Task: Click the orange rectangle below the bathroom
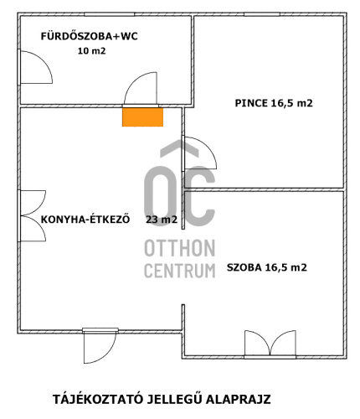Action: point(143,117)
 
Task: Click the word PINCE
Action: point(250,104)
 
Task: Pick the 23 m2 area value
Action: point(161,220)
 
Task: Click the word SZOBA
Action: point(244,268)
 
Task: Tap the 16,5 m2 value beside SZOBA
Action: point(285,268)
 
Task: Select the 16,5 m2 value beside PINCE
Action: point(292,104)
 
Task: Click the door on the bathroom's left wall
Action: point(33,68)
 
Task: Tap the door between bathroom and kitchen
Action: point(139,89)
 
